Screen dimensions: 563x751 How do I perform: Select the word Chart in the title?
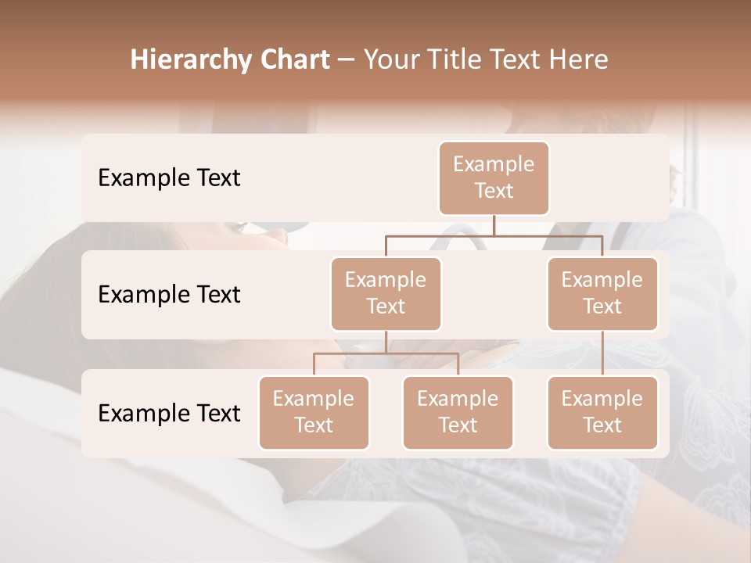293,60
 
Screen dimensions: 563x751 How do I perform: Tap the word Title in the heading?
461,60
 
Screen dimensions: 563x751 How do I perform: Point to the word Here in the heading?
578,60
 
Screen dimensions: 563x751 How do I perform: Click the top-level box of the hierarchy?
494,178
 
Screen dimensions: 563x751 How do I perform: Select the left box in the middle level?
386,294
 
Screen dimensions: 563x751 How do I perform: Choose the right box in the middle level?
602,294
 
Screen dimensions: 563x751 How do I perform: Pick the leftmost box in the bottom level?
314,413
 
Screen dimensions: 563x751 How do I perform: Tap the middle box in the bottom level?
458,413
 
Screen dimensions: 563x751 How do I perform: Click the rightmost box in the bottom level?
602,413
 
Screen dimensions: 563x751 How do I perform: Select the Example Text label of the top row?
169,178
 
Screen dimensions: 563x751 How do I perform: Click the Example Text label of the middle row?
169,295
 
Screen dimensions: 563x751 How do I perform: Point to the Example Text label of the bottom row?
169,414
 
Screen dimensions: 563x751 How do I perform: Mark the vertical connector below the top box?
494,225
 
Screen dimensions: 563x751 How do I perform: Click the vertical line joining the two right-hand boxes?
602,353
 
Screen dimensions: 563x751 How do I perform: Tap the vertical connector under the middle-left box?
386,342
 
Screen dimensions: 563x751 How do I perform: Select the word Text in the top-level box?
494,192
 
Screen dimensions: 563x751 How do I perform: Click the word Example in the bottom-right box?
602,400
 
